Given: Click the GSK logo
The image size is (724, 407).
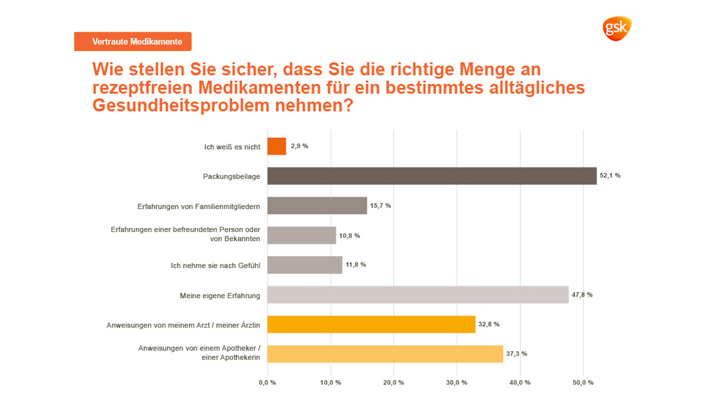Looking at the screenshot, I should click(617, 28).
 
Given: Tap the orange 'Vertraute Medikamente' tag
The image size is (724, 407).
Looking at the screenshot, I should click(133, 42).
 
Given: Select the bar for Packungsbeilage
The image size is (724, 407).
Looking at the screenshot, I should click(432, 176).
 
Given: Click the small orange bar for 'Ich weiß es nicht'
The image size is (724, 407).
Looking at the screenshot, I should click(276, 147).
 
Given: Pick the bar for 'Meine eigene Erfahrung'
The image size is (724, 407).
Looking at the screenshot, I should click(418, 295).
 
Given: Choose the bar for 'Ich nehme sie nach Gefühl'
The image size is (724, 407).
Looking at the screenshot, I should click(305, 265).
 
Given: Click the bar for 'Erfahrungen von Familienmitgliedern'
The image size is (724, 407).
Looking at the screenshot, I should click(317, 206).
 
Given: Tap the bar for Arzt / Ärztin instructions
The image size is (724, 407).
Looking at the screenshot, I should click(371, 324).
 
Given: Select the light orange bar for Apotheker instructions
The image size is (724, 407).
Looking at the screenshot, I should click(385, 354).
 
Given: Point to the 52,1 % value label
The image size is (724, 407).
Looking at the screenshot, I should click(610, 175).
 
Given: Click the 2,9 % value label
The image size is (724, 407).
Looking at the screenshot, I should click(299, 146).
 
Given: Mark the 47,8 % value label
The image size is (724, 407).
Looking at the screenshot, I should click(582, 295).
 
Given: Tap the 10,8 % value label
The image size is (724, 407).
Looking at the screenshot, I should click(349, 236).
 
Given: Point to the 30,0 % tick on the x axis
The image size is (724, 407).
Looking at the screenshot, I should click(457, 383).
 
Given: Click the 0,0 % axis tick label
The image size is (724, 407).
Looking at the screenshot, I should click(267, 383).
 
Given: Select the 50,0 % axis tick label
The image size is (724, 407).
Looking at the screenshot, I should click(583, 383).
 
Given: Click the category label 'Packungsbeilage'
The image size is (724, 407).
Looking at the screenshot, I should click(231, 176).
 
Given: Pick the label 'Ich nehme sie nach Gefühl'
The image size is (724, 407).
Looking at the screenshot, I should click(215, 265).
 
